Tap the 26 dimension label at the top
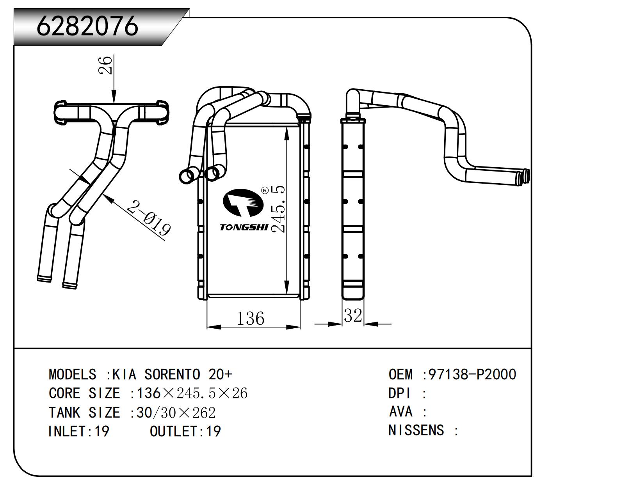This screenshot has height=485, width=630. [105, 65]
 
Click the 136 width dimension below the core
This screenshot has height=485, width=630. [250, 319]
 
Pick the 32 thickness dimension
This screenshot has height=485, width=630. [353, 315]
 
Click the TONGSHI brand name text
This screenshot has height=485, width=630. [244, 227]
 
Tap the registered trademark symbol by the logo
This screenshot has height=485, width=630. [264, 190]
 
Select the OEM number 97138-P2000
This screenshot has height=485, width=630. [472, 374]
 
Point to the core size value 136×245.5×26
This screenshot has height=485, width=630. [192, 393]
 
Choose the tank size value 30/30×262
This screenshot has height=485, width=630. [176, 412]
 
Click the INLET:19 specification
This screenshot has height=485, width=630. [78, 431]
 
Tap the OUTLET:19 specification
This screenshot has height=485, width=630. [185, 431]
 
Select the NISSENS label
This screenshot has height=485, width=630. [416, 430]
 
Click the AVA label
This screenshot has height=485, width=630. [401, 411]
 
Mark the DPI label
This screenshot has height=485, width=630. [399, 393]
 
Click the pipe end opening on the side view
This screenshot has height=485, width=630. [527, 176]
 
